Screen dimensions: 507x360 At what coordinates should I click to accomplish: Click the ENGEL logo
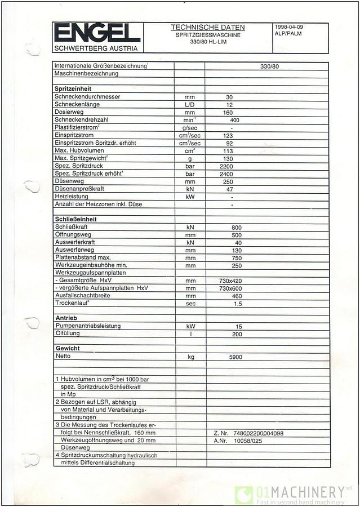[97, 33]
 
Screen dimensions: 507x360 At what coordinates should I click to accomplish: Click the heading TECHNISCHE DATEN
[207, 27]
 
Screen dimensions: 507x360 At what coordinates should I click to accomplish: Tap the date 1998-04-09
[288, 27]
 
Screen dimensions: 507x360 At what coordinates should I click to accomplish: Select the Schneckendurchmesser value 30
[229, 97]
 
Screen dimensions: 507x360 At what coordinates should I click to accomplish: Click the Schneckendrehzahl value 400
[234, 120]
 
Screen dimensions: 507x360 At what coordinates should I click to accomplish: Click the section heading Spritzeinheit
[73, 89]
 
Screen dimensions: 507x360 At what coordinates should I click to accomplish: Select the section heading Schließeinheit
[76, 219]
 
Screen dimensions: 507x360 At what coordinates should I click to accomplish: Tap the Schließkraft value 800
[229, 227]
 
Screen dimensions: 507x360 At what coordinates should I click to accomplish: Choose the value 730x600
[230, 288]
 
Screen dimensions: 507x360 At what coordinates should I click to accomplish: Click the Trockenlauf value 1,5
[238, 304]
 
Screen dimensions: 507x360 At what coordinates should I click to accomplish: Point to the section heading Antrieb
[66, 318]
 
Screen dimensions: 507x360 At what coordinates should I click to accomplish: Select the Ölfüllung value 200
[238, 334]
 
